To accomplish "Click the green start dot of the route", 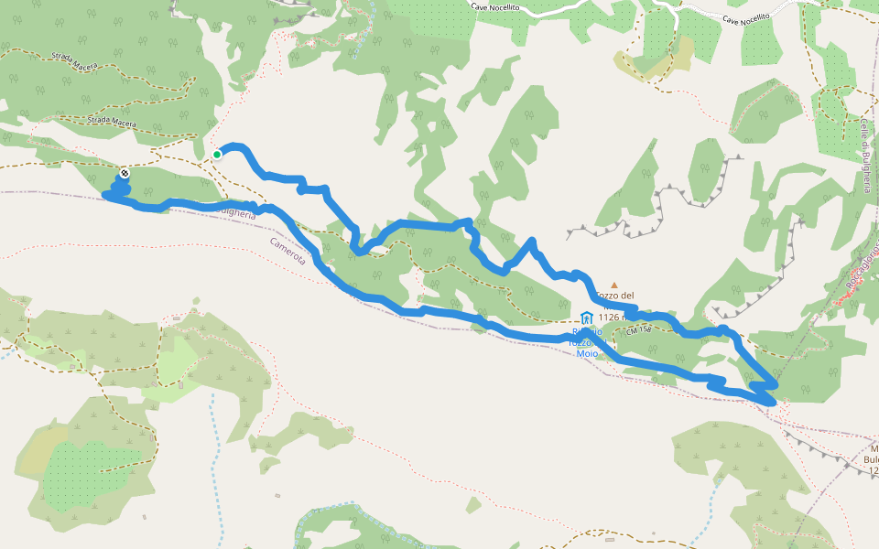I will point(217,155).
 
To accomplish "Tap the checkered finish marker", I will point(124,173).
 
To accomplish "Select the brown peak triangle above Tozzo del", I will point(614,285).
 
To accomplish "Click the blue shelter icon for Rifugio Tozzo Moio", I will point(586,318).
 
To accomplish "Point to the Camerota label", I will point(288,252).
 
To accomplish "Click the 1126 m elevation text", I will point(611,318).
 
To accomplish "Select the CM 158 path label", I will point(638,329).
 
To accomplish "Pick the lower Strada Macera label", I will point(112,122).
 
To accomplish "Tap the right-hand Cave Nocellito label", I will point(745,18).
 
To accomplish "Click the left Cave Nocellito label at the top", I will point(521,5).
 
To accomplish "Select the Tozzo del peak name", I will point(614,296).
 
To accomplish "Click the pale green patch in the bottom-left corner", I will point(179,361).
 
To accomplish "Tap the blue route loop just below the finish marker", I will point(116,188).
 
